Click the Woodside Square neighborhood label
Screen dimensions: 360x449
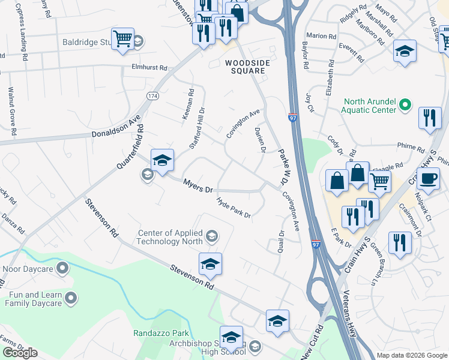(245, 66)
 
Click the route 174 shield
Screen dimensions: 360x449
(154, 96)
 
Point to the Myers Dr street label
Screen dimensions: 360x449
(198, 186)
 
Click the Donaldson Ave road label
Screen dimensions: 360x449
(115, 130)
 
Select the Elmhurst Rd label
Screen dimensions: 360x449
(149, 68)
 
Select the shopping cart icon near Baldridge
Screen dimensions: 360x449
(123, 39)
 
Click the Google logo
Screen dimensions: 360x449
(20, 353)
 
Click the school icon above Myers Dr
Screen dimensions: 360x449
(162, 160)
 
